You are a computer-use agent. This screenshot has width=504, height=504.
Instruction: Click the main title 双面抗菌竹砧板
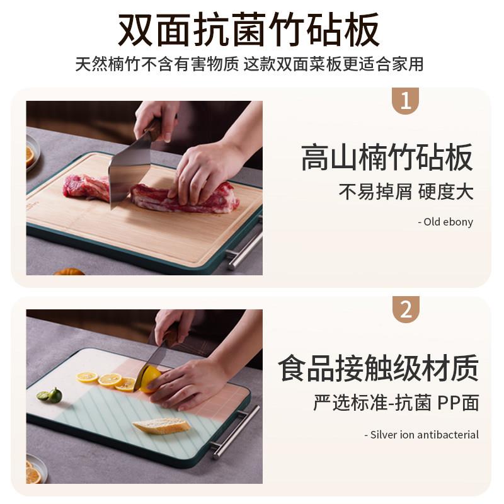249,30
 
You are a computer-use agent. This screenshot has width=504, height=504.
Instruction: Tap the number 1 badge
406,101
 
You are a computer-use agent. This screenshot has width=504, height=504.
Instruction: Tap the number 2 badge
406,309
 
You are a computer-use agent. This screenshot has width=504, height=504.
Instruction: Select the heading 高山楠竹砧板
387,157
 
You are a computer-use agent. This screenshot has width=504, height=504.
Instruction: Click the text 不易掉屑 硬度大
406,192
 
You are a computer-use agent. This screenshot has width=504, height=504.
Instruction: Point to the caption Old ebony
445,222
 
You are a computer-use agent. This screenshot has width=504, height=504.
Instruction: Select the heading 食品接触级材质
379,368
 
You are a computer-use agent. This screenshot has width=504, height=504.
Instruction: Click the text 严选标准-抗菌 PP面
396,403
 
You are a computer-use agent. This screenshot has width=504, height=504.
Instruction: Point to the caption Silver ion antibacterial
421,435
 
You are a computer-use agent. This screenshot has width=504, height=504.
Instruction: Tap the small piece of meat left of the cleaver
86,187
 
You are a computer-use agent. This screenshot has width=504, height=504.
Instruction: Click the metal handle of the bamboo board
244,245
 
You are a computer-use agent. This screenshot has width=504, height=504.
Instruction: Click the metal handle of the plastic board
234,431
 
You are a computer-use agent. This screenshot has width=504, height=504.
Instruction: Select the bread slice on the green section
162,425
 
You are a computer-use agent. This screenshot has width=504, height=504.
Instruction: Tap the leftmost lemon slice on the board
88,376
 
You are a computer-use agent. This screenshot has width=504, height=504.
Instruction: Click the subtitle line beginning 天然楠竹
249,64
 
